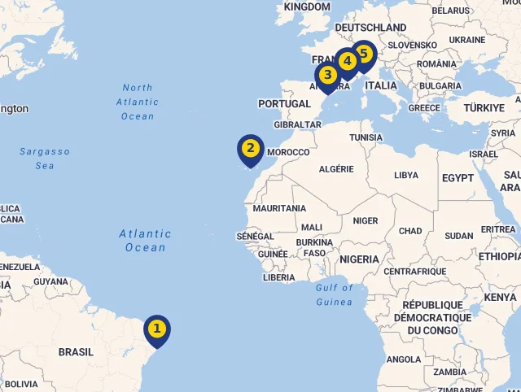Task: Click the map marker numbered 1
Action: pos(157,329)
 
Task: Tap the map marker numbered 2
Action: pos(251,149)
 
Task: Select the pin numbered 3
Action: pos(327,76)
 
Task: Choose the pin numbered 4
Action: pos(348,61)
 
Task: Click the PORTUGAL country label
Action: pos(285,104)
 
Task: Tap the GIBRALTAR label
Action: pos(297,124)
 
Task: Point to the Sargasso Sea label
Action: pos(45,159)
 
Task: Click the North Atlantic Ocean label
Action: pos(138,102)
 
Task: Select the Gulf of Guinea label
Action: pos(335,294)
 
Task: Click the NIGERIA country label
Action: pos(359,259)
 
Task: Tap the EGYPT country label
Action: pos(458,177)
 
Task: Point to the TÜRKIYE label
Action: pos(484,107)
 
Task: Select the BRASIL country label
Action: pos(76,352)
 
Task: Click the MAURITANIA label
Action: pos(279,208)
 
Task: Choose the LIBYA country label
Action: pos(406,175)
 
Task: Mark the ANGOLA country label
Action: pos(404,359)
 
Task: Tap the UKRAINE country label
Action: pos(466,40)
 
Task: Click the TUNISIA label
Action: pos(366,137)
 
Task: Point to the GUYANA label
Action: pos(50,281)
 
